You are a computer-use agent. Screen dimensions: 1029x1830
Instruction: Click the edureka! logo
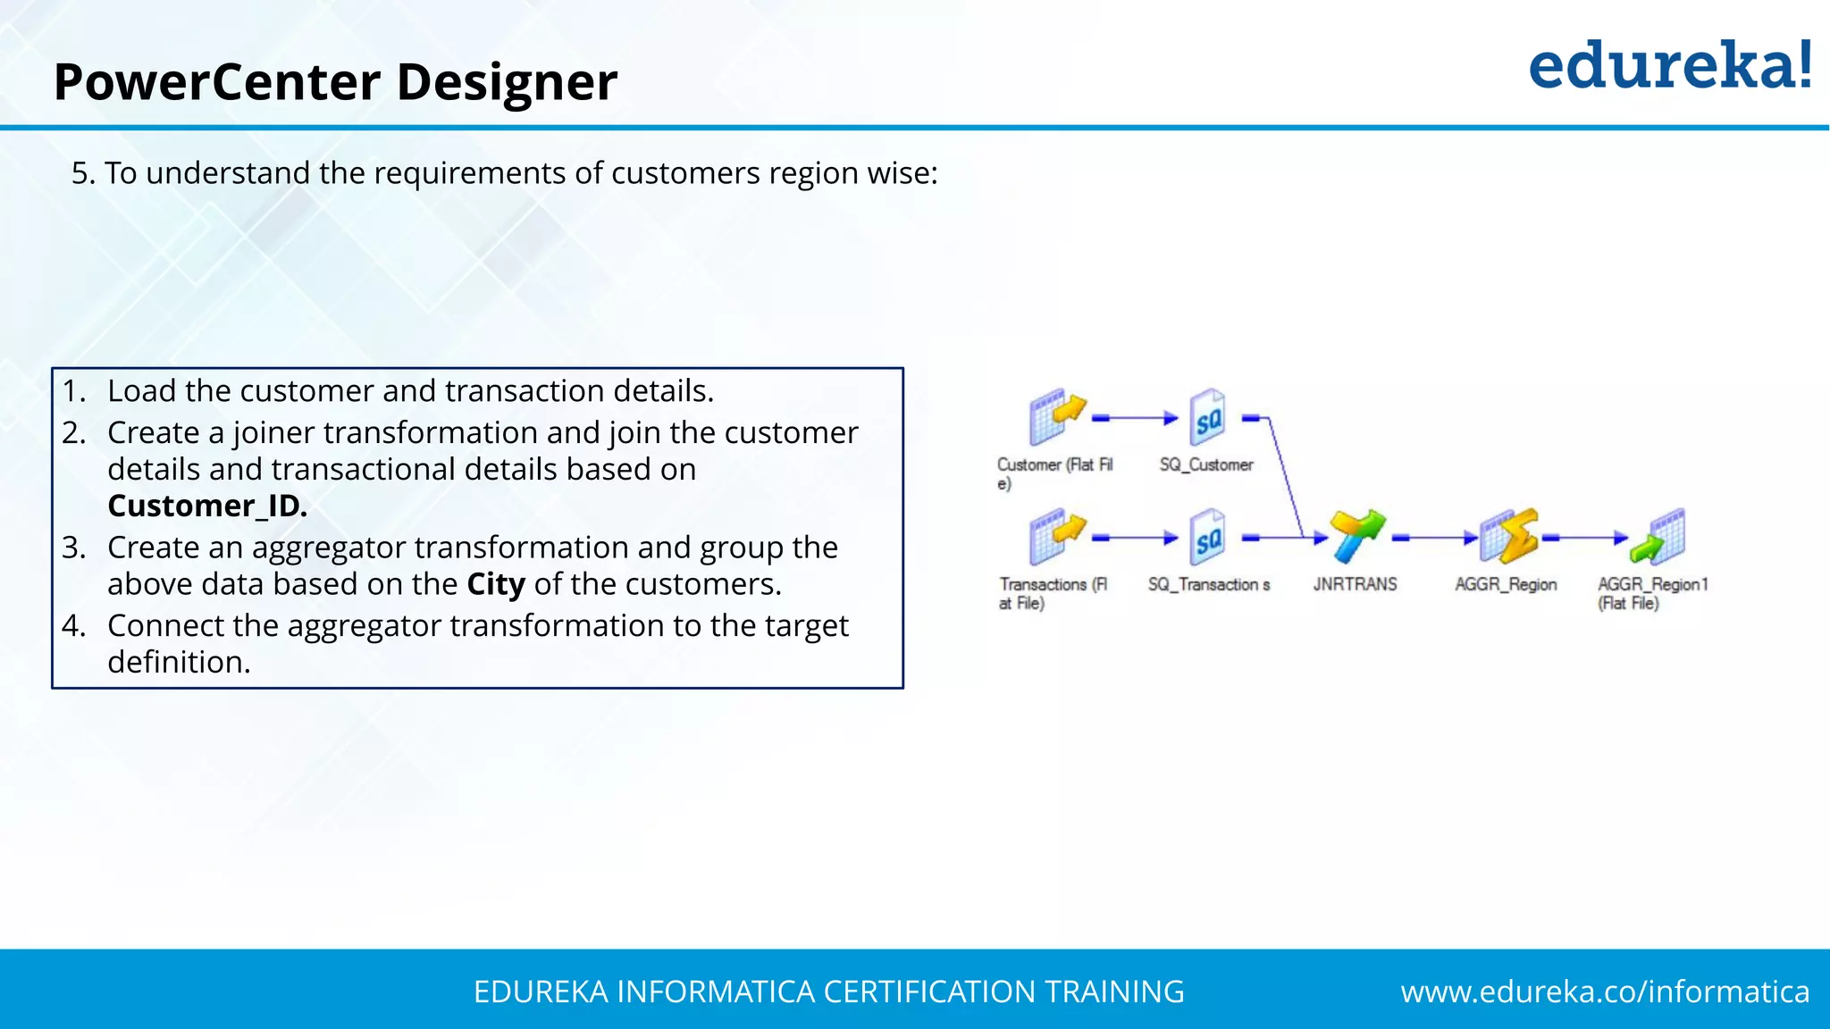[1669, 66]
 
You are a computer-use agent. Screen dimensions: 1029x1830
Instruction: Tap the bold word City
[496, 584]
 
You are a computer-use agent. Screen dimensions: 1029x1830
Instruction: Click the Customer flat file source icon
[1056, 416]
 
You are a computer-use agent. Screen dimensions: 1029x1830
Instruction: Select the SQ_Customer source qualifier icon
[1208, 417]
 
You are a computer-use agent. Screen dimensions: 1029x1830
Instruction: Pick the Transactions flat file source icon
[1056, 537]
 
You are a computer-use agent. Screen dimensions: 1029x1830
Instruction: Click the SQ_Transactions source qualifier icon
[1208, 538]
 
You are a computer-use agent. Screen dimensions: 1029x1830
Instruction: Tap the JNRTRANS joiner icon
[1356, 536]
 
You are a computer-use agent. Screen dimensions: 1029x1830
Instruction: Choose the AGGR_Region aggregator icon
[1507, 536]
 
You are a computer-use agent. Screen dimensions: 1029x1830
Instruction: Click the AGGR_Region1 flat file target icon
[1658, 537]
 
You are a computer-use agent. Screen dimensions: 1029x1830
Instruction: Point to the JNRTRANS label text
[1355, 584]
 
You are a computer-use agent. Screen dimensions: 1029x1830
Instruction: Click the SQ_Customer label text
[1206, 464]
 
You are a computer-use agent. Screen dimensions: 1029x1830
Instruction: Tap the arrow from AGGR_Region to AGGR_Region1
[1585, 538]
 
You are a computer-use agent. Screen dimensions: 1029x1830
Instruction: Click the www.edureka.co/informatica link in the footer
[1605, 991]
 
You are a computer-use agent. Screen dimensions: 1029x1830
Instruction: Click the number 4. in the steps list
[74, 625]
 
